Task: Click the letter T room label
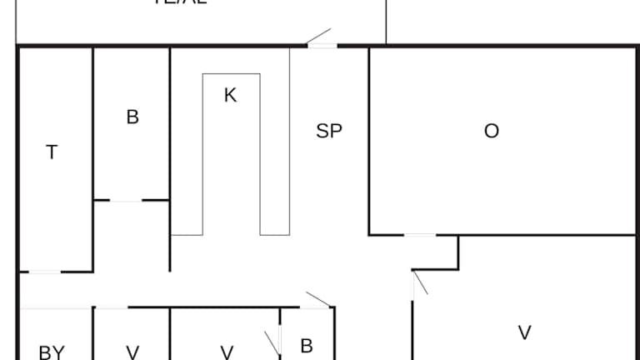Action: (52, 152)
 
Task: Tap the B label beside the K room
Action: (132, 117)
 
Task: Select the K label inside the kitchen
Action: (230, 95)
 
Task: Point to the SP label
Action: (329, 131)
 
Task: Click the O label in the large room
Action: (492, 131)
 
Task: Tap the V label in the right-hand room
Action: (525, 332)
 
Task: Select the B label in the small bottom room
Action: (306, 346)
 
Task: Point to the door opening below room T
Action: (45, 272)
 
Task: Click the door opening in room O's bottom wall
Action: (420, 235)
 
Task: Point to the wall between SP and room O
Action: (369, 142)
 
